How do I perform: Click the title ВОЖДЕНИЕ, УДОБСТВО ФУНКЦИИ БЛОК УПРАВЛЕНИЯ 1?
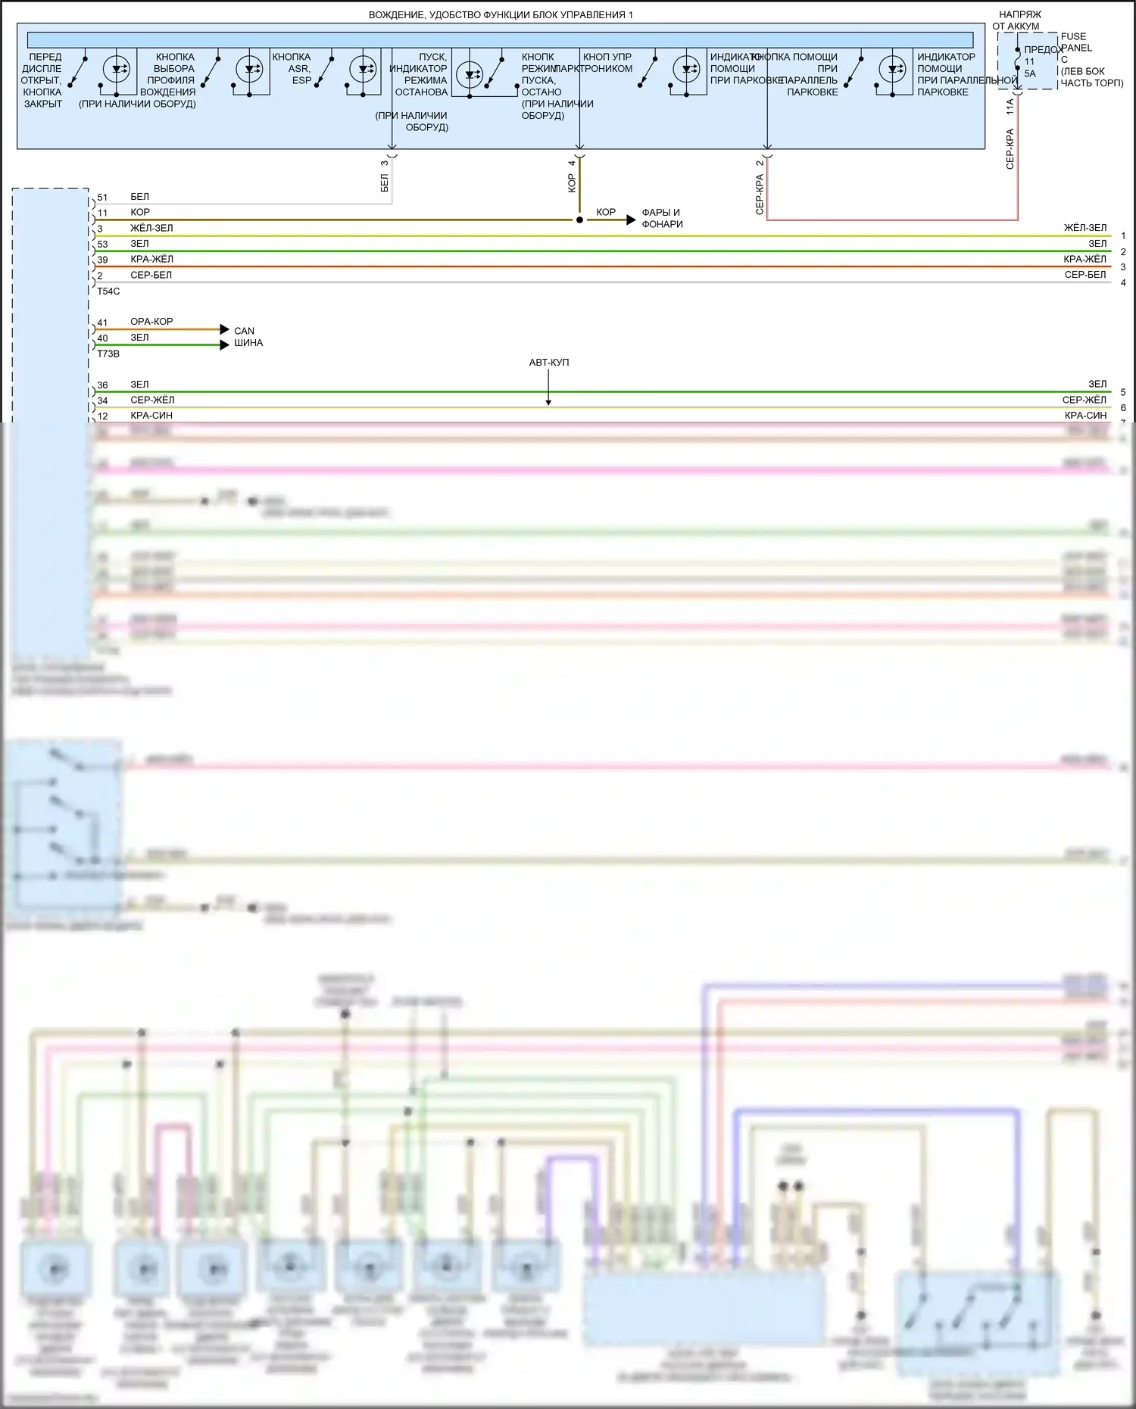tap(501, 15)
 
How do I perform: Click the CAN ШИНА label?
tap(248, 337)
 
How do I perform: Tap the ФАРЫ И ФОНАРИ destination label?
tap(662, 218)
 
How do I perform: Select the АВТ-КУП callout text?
tap(548, 363)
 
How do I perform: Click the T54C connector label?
tap(108, 291)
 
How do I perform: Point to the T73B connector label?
tap(108, 354)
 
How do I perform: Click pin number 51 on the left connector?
tap(102, 198)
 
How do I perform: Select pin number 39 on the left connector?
tap(102, 260)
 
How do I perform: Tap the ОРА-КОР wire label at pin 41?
tap(151, 322)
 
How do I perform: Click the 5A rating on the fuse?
tap(1030, 73)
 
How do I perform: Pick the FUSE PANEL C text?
tap(1075, 48)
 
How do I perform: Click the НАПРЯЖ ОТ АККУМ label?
tap(1019, 20)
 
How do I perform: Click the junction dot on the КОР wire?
tap(579, 220)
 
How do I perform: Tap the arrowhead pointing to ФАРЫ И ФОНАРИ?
tap(631, 220)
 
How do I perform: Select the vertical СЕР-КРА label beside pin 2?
tap(760, 195)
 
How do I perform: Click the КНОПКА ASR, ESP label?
tap(292, 68)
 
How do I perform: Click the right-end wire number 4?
tap(1123, 282)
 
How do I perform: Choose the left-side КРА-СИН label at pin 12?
tap(151, 416)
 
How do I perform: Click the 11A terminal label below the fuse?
tap(1010, 107)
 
